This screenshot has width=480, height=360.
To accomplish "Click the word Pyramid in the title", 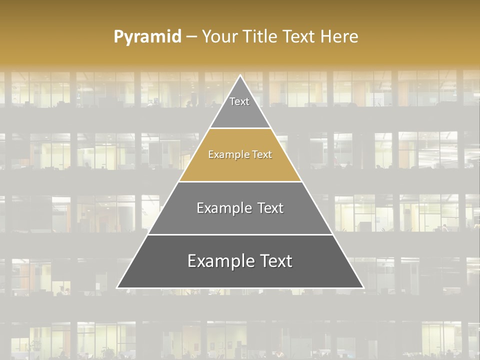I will (147, 37).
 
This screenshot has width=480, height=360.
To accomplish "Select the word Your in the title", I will (219, 36).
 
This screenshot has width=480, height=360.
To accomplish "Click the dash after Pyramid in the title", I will (191, 37).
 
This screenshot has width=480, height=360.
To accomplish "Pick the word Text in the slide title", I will (299, 36).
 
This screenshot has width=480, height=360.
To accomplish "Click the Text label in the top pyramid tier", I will (239, 101).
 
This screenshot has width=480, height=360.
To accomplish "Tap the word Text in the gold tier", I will (262, 155).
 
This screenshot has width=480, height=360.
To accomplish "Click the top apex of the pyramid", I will (240, 75).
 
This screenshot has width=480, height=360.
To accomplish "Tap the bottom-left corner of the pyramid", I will (117, 288).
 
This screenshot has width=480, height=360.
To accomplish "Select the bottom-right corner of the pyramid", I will (363, 288).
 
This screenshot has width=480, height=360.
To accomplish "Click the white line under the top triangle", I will (240, 128).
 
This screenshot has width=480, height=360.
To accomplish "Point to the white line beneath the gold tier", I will (240, 181).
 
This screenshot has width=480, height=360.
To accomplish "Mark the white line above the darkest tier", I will (240, 234).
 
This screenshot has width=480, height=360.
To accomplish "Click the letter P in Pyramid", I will (118, 37).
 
